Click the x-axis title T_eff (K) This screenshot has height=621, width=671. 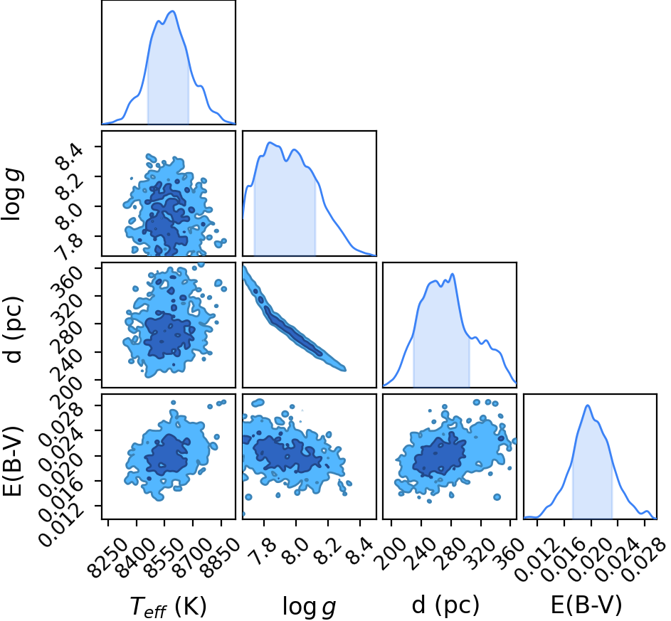tap(168, 606)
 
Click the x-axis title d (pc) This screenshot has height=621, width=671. tap(445, 605)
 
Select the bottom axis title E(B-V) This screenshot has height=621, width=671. tap(586, 605)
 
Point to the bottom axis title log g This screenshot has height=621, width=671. tap(309, 607)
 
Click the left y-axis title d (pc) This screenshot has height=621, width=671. tap(14, 329)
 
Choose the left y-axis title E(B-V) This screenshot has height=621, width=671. tap(13, 461)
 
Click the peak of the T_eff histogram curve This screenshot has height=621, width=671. tap(172, 11)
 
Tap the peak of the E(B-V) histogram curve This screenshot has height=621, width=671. tap(588, 405)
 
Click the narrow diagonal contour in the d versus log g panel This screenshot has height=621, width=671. tap(295, 319)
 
